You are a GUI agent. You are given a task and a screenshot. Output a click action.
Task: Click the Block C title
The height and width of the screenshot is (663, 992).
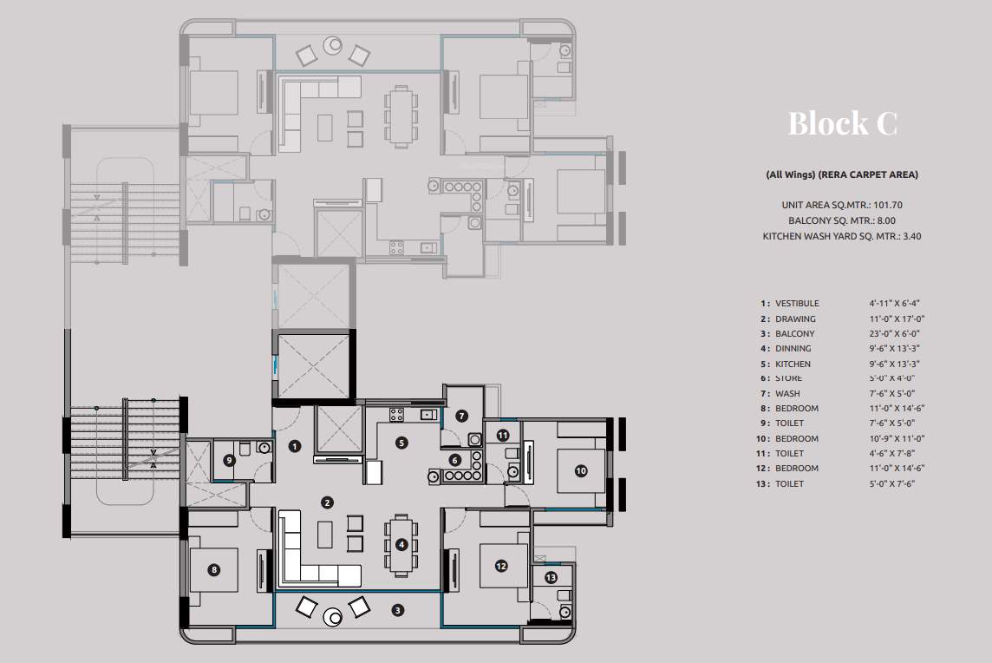pos(841,123)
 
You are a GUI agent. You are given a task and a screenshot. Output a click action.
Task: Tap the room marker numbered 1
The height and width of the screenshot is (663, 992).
pos(295,446)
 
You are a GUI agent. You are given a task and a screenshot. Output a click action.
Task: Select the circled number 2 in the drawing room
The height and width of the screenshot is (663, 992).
pos(327,502)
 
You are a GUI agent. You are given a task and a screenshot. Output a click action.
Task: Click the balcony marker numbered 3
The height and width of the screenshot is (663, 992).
pos(397,610)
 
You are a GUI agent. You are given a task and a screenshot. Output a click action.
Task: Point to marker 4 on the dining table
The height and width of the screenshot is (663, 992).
pos(401,545)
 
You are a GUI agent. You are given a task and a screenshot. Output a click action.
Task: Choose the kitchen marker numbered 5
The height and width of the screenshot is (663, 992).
pos(401,442)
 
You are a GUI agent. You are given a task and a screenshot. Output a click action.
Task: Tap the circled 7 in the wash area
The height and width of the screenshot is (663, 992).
pos(462,416)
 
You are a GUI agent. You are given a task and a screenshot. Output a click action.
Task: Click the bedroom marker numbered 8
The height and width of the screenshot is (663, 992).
pos(213,570)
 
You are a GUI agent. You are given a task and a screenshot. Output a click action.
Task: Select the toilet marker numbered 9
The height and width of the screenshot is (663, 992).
pos(229,460)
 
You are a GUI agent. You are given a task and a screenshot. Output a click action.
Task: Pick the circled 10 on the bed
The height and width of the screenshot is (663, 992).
pos(580,470)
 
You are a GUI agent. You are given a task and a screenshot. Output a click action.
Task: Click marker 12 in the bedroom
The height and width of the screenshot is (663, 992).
pos(501,566)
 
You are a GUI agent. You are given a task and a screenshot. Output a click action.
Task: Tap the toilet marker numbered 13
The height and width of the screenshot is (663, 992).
pos(551,578)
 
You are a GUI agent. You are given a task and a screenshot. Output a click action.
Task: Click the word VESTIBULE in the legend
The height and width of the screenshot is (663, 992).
pos(796,304)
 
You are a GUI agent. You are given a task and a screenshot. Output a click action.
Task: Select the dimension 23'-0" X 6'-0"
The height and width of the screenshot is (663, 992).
pos(894,333)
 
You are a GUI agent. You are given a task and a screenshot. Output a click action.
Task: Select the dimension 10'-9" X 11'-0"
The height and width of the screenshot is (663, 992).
pos(894,438)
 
